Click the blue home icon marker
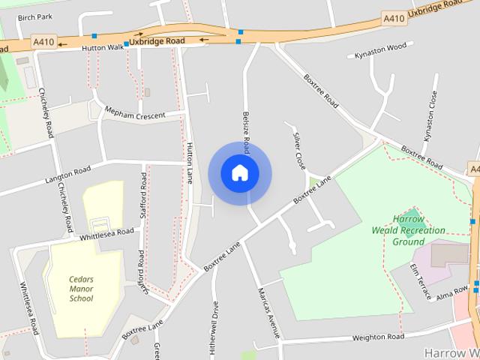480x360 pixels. click(x=239, y=172)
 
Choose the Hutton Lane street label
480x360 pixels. click(x=190, y=163)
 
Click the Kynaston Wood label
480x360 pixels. click(x=380, y=50)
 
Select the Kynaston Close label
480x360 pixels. click(x=430, y=116)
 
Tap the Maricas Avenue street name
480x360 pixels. click(x=268, y=311)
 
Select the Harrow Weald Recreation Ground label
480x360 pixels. click(x=408, y=231)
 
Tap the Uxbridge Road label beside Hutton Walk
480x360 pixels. click(x=157, y=40)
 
